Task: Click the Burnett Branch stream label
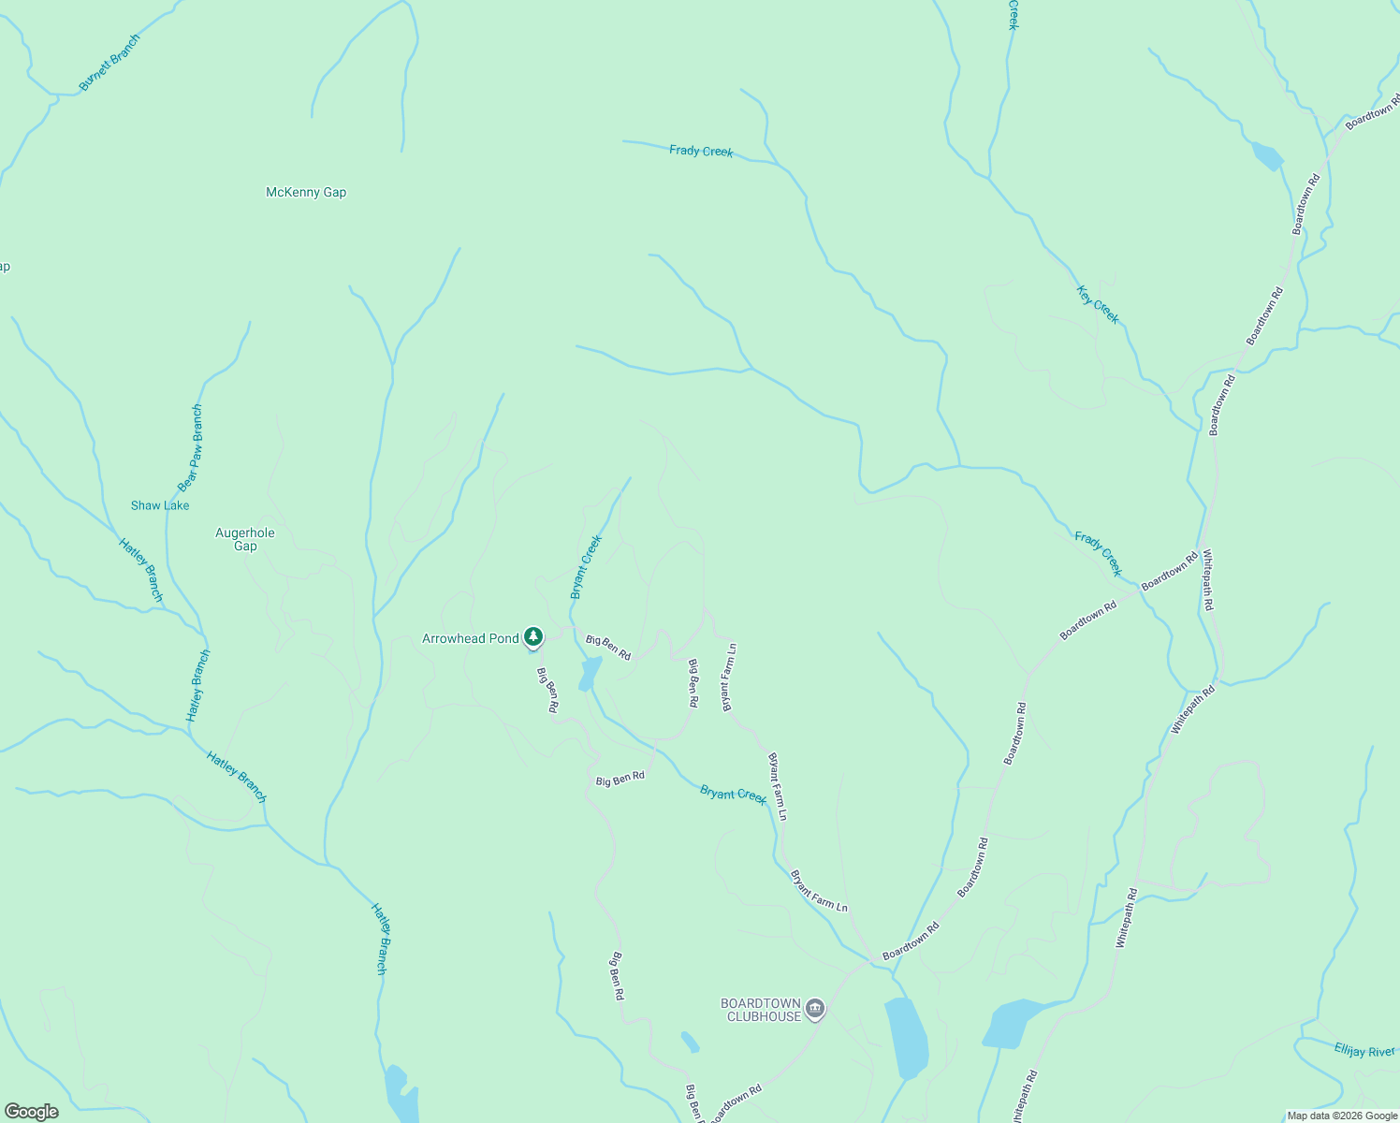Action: click(109, 63)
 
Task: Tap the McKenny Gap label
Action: click(306, 193)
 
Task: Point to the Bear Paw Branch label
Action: click(190, 448)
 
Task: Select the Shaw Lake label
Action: click(160, 505)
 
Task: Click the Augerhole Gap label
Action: click(245, 539)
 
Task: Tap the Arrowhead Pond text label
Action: click(470, 639)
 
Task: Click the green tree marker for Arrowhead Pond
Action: click(533, 638)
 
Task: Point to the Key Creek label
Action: click(1098, 304)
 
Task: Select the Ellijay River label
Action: click(1364, 1052)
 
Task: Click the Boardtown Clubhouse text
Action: click(761, 1010)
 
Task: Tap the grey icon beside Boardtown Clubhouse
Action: click(815, 1009)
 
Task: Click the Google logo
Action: click(31, 1112)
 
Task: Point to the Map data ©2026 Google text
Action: click(1342, 1116)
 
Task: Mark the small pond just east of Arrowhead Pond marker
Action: click(590, 673)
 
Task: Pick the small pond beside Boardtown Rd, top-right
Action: click(1267, 156)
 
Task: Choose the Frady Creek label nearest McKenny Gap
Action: click(701, 151)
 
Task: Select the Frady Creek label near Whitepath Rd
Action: click(1098, 554)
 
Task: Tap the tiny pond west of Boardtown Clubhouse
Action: click(690, 1042)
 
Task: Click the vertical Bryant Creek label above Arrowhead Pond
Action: click(586, 567)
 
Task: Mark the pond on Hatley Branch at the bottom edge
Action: click(401, 1093)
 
